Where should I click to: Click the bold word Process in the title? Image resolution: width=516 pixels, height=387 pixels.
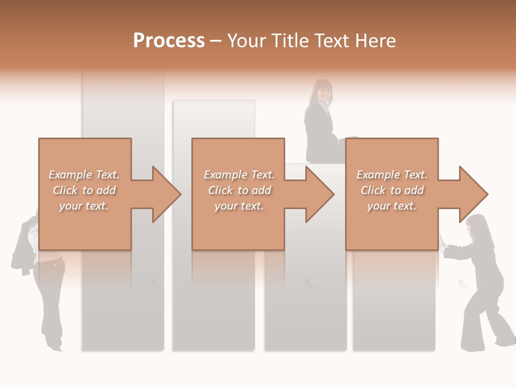(x=169, y=41)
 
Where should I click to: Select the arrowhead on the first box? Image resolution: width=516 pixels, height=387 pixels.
(x=164, y=194)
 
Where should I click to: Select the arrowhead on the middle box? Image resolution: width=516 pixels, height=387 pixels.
(x=318, y=194)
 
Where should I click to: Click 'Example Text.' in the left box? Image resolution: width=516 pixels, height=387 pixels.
(x=84, y=175)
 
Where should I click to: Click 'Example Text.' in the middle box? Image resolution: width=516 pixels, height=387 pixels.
(x=239, y=175)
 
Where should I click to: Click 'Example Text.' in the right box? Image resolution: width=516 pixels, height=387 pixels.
(x=392, y=175)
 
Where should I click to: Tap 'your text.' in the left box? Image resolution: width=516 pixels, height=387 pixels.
(x=84, y=206)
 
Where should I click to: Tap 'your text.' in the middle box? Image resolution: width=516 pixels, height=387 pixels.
(x=239, y=206)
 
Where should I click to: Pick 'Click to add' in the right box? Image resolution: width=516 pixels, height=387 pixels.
(x=392, y=190)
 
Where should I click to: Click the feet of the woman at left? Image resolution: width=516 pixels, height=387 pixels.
(x=54, y=345)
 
